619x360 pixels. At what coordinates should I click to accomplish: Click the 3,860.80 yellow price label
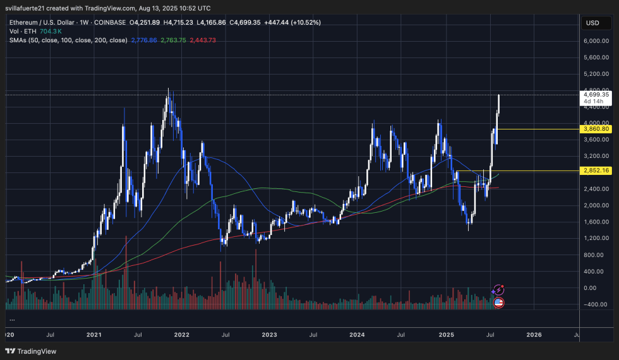click(x=597, y=129)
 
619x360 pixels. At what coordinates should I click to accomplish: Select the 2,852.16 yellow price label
click(x=597, y=171)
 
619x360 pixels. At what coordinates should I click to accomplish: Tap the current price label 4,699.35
click(x=597, y=95)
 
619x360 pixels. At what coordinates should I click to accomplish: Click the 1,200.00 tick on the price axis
click(x=596, y=238)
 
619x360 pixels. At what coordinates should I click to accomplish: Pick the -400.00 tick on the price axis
click(x=596, y=304)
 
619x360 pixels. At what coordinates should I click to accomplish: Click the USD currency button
click(x=592, y=23)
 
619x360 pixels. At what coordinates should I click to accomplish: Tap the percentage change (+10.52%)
click(x=306, y=22)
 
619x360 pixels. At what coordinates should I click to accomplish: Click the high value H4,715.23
click(x=179, y=22)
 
